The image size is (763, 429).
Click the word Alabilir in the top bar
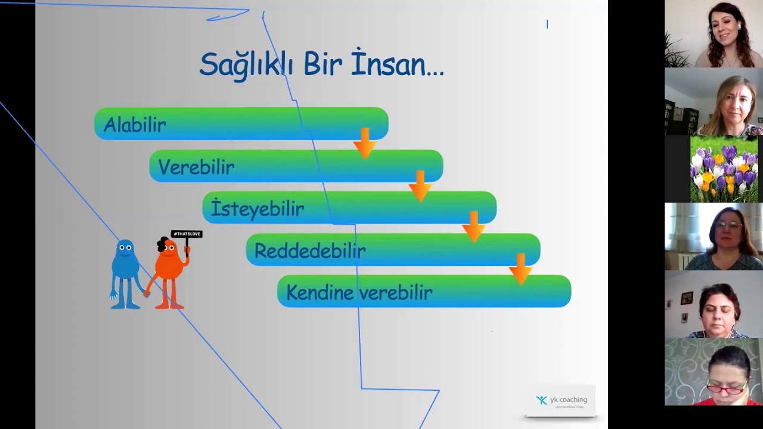click(x=135, y=125)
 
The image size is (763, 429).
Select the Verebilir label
click(x=196, y=167)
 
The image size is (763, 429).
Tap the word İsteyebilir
click(x=258, y=209)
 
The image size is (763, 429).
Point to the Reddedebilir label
click(x=310, y=251)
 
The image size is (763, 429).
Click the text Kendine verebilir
click(x=359, y=293)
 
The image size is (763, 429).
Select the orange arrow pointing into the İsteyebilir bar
click(x=420, y=185)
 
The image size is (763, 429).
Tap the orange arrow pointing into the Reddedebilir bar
click(x=474, y=227)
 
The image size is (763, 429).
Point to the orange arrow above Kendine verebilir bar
click(x=520, y=269)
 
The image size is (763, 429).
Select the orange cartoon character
click(x=170, y=271)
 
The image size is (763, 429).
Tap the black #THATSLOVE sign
click(x=187, y=234)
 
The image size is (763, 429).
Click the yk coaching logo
click(x=561, y=400)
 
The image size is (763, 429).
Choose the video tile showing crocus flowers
click(x=724, y=169)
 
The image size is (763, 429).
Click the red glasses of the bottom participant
click(x=728, y=389)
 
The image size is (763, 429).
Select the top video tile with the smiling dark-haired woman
click(x=714, y=34)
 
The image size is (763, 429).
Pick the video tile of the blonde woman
click(x=714, y=101)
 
